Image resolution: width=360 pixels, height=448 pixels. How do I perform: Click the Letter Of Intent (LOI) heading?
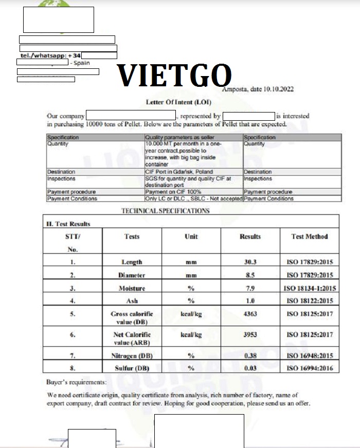(176, 102)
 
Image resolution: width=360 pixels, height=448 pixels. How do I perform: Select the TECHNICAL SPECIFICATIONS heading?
(165, 211)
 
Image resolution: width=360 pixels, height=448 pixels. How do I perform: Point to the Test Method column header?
(309, 236)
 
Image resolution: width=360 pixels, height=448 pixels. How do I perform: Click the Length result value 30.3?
(250, 262)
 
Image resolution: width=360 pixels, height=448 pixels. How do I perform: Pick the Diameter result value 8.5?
(250, 275)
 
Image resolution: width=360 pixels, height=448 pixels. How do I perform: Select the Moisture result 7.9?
(250, 288)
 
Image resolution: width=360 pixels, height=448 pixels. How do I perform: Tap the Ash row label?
(132, 301)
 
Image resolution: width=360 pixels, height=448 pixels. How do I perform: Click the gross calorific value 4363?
(250, 314)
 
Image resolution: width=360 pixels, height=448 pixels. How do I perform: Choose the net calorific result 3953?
(250, 334)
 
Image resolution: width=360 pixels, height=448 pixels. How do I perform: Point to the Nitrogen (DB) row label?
(132, 356)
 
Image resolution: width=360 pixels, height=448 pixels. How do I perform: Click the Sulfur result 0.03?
(250, 368)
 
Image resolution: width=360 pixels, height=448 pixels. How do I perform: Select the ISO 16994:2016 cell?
(309, 368)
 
